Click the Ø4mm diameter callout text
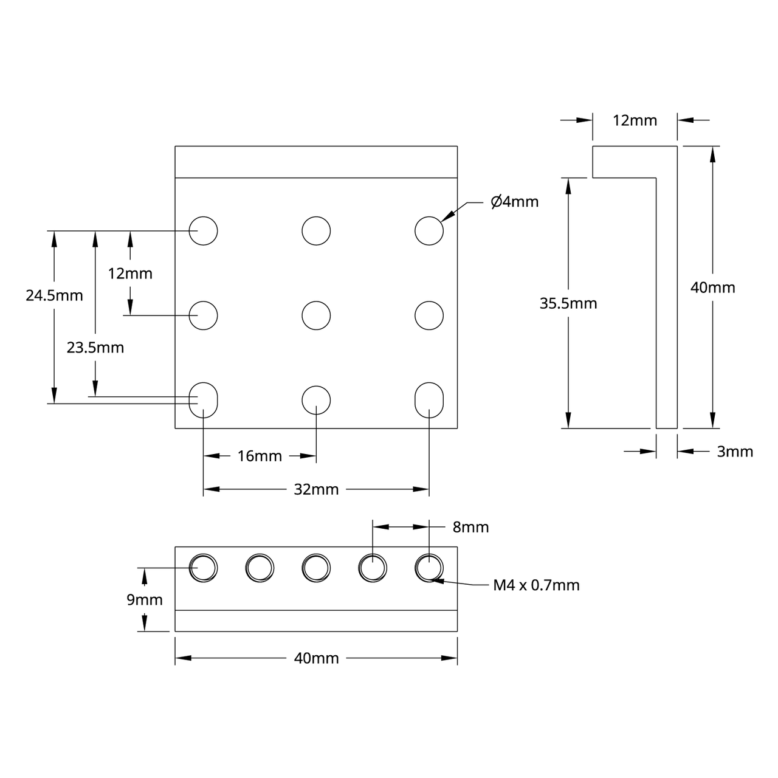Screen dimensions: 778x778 click(x=514, y=202)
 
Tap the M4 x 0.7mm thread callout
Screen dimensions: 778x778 click(x=536, y=585)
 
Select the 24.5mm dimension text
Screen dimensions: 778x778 click(x=54, y=295)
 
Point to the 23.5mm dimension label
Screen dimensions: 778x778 click(x=95, y=348)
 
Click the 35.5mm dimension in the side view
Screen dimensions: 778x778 click(x=568, y=303)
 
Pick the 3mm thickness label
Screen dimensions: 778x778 click(x=735, y=452)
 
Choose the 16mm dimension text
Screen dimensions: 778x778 click(x=260, y=456)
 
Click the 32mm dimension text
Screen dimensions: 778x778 click(x=316, y=489)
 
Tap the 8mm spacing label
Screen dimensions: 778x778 click(x=470, y=527)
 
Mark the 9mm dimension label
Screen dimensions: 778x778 click(x=145, y=600)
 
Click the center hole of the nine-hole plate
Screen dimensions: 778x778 click(x=316, y=315)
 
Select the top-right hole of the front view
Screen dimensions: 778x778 click(x=429, y=230)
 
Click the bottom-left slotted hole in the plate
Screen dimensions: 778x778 click(x=204, y=400)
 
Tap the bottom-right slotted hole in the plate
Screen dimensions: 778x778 click(x=429, y=400)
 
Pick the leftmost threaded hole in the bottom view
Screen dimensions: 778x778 click(x=204, y=568)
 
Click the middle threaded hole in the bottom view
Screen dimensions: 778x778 click(x=316, y=568)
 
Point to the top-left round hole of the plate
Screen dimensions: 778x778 click(x=204, y=230)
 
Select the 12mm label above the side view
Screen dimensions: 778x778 click(x=635, y=120)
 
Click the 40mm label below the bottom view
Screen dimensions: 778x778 click(x=316, y=658)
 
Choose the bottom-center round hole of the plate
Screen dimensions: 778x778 click(x=316, y=400)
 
